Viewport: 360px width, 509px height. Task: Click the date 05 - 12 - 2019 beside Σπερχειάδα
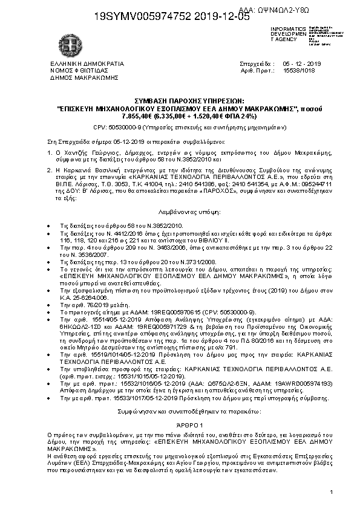click(x=301, y=63)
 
